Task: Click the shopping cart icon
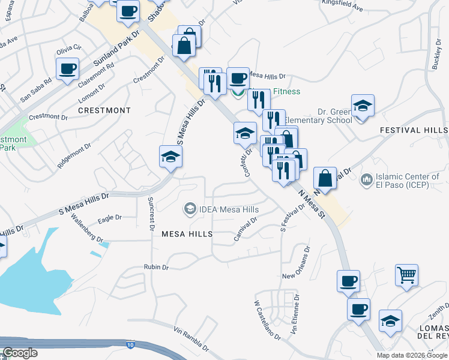tap(407, 275)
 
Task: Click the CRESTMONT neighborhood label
tap(104, 111)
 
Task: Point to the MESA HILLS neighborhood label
tap(187, 233)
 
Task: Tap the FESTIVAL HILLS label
tap(414, 130)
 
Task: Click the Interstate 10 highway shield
tap(131, 345)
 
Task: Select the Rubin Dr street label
tap(156, 266)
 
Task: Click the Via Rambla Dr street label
tap(191, 338)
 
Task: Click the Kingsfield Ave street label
tap(343, 9)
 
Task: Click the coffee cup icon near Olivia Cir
tap(68, 68)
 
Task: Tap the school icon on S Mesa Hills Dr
tap(170, 157)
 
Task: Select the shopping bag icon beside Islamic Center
tap(325, 178)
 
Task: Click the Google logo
tap(20, 353)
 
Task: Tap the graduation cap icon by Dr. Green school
tap(363, 106)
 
